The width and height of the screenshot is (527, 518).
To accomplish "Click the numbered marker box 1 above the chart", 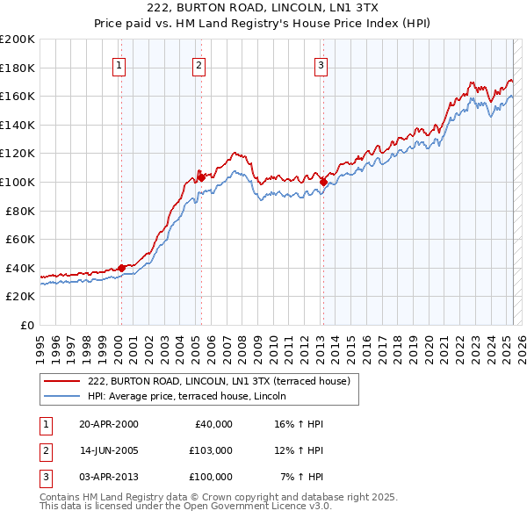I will point(119,64).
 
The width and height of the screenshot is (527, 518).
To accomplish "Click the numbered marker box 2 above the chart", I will point(199,64).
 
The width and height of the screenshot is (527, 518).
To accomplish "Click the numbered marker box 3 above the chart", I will point(321,64).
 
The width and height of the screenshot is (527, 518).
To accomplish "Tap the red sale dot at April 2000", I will point(121,268).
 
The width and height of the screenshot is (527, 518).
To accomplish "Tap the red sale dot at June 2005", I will point(201,177).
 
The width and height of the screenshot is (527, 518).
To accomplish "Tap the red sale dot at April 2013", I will point(323,182).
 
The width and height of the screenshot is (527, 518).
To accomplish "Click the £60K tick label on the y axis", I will point(20,239).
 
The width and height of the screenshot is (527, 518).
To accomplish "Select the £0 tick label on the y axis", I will point(27,325).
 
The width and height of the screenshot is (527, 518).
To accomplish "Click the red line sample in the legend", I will point(62,381).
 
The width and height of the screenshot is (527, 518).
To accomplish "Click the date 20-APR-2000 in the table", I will point(108,424).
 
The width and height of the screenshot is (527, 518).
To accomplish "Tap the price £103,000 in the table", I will point(210,450).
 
